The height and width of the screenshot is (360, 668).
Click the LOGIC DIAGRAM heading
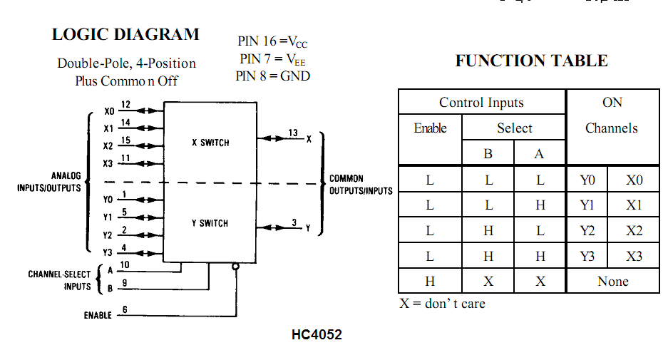pyautogui.click(x=125, y=34)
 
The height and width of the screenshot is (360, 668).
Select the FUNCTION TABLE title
pyautogui.click(x=531, y=61)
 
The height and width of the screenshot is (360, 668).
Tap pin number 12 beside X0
pyautogui.click(x=125, y=105)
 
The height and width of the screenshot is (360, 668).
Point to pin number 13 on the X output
pyautogui.click(x=293, y=133)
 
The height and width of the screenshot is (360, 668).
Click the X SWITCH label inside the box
pyautogui.click(x=210, y=143)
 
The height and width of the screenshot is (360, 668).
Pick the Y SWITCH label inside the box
pyautogui.click(x=210, y=223)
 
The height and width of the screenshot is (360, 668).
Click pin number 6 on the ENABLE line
pyautogui.click(x=125, y=309)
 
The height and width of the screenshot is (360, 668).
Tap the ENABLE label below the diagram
pyautogui.click(x=98, y=315)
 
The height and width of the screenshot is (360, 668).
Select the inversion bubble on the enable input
pyautogui.click(x=235, y=267)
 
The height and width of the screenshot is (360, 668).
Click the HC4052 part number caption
pyautogui.click(x=317, y=334)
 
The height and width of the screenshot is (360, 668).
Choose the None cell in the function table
pyautogui.click(x=612, y=282)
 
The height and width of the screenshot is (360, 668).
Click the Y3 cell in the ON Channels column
pyautogui.click(x=587, y=256)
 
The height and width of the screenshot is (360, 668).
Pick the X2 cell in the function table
pyautogui.click(x=634, y=231)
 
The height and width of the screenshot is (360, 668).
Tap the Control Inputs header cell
pyautogui.click(x=481, y=103)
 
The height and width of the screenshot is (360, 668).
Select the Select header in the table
pyautogui.click(x=514, y=128)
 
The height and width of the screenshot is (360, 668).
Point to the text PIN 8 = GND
pyautogui.click(x=273, y=76)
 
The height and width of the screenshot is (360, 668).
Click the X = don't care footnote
pyautogui.click(x=442, y=304)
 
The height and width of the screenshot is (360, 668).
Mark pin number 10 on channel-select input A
pyautogui.click(x=125, y=265)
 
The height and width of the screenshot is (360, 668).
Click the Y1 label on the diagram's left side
pyautogui.click(x=108, y=217)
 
